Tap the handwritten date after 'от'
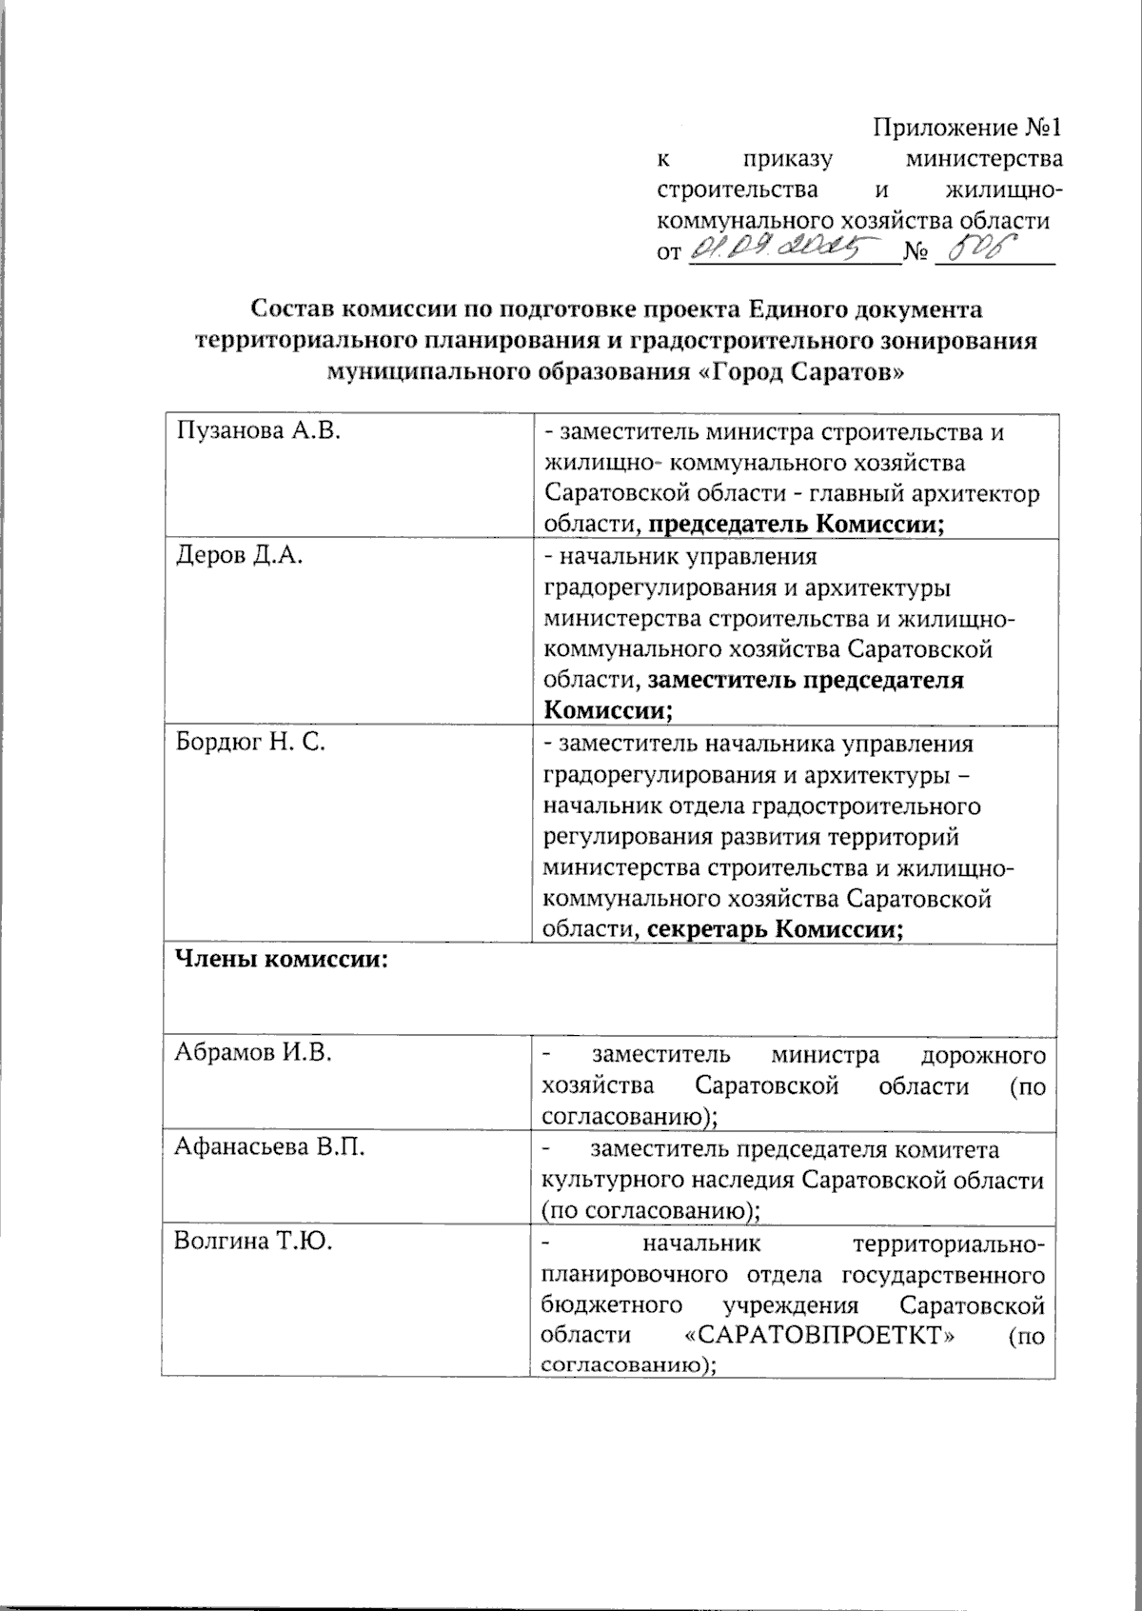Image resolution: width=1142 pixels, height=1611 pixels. click(x=785, y=251)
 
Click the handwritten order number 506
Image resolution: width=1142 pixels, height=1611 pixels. click(x=980, y=251)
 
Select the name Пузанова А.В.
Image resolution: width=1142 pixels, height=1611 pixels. click(x=258, y=431)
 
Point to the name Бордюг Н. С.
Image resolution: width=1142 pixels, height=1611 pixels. click(x=250, y=743)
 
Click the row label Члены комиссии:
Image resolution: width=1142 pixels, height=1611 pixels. click(x=281, y=960)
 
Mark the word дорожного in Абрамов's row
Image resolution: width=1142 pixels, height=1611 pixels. click(x=984, y=1055)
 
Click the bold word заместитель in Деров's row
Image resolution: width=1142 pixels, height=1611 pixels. click(x=720, y=681)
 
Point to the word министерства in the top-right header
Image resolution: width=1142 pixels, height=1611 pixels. click(x=984, y=158)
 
